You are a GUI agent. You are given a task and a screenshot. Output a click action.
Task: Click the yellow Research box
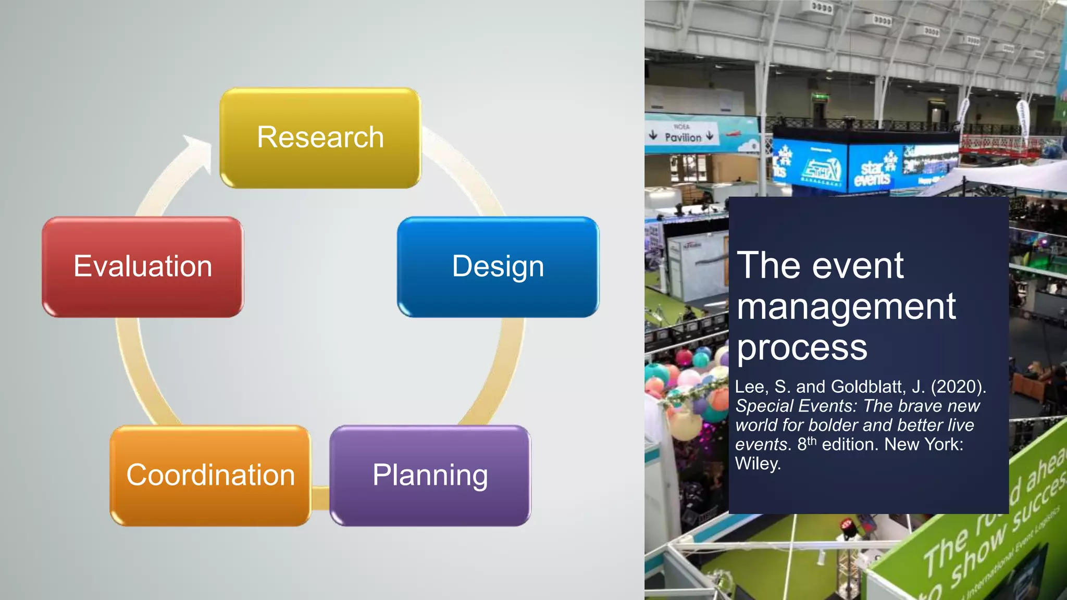pyautogui.click(x=320, y=137)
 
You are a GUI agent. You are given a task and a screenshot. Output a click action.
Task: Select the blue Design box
pyautogui.click(x=498, y=267)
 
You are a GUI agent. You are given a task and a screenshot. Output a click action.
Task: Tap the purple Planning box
pyautogui.click(x=430, y=475)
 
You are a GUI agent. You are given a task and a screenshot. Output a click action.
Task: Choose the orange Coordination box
pyautogui.click(x=210, y=475)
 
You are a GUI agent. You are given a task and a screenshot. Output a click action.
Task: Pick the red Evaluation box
pyautogui.click(x=143, y=267)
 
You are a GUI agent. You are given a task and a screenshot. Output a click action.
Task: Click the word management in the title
pyautogui.click(x=846, y=307)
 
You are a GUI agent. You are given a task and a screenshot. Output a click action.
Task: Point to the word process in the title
pyautogui.click(x=802, y=348)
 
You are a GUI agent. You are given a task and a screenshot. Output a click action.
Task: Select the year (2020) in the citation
pyautogui.click(x=958, y=386)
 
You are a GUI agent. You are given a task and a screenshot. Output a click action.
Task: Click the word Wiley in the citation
pyautogui.click(x=758, y=463)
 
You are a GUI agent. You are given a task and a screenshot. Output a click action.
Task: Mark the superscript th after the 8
pyautogui.click(x=812, y=441)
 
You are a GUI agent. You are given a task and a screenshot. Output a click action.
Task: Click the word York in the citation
pyautogui.click(x=944, y=444)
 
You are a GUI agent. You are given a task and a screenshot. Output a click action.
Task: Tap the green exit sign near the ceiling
pyautogui.click(x=819, y=97)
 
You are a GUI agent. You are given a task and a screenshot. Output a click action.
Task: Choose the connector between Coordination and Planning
pyautogui.click(x=320, y=498)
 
